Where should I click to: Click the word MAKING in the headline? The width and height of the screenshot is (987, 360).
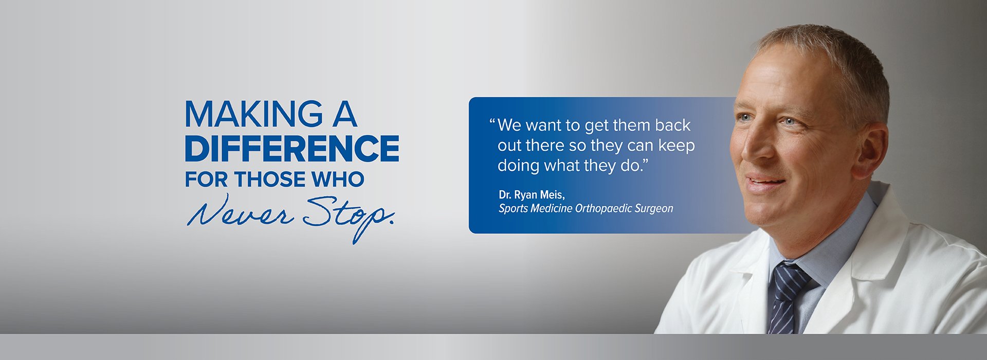[253, 114]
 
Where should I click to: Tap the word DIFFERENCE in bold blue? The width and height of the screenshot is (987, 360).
[292, 148]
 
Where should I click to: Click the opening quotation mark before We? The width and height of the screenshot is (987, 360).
[492, 122]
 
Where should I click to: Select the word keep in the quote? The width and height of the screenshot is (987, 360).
[677, 146]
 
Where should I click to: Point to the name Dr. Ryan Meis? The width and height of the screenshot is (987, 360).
[532, 195]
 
